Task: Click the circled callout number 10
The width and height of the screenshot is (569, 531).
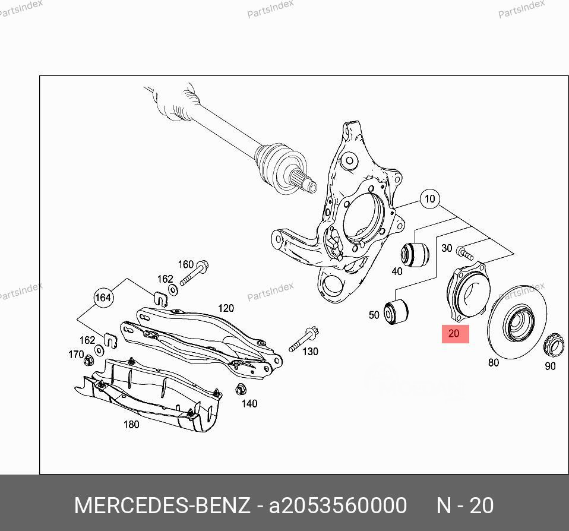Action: coord(430,199)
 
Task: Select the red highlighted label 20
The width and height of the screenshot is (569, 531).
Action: coord(455,334)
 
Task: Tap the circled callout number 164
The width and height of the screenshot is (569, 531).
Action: coord(103,298)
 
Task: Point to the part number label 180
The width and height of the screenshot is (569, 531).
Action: coord(131,424)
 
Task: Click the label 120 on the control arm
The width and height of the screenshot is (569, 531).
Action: coord(226,308)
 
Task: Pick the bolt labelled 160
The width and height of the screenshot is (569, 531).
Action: coord(195,273)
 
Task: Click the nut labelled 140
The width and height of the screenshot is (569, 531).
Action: coord(241,390)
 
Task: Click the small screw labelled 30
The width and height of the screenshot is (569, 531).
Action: coord(465,255)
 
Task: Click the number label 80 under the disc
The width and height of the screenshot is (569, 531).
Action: coord(494,362)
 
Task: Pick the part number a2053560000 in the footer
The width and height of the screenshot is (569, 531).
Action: coord(338,505)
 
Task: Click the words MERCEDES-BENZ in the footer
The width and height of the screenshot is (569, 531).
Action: coord(162,505)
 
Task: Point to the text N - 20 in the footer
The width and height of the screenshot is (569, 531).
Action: coord(465,505)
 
